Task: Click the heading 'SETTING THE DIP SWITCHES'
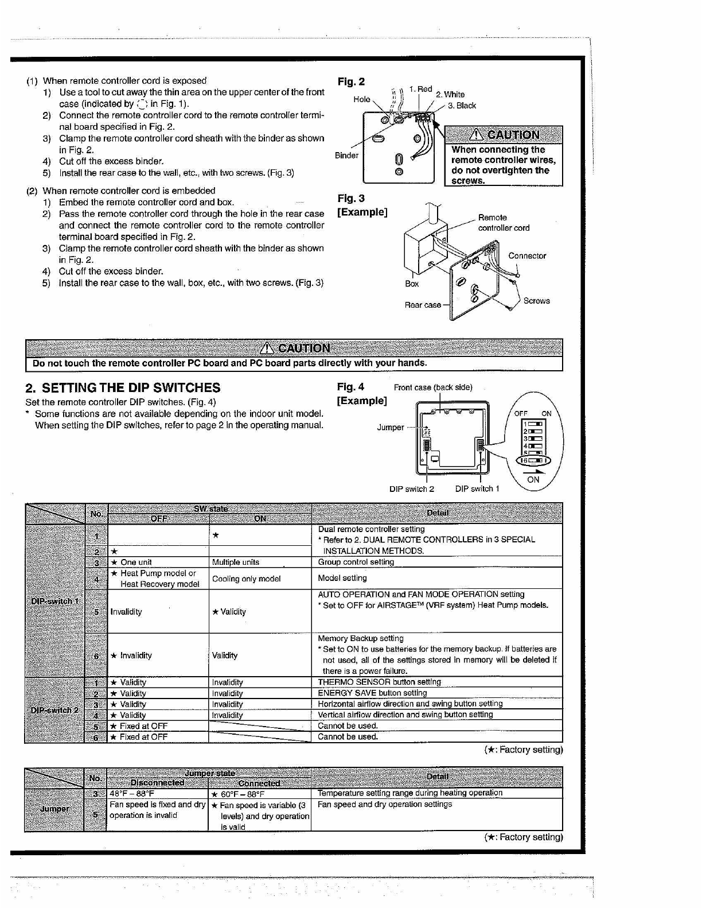pyautogui.click(x=123, y=387)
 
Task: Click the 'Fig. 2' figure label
pyautogui.click(x=351, y=82)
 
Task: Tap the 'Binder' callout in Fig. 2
pyautogui.click(x=346, y=156)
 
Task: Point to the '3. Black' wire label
pyautogui.click(x=462, y=106)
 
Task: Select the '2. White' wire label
pyautogui.click(x=450, y=94)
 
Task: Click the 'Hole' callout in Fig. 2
pyautogui.click(x=362, y=99)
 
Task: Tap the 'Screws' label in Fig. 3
pyautogui.click(x=536, y=301)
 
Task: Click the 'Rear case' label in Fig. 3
pyautogui.click(x=423, y=305)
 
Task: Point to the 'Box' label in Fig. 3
pyautogui.click(x=412, y=284)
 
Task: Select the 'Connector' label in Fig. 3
pyautogui.click(x=527, y=256)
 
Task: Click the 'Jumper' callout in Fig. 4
pyautogui.click(x=390, y=427)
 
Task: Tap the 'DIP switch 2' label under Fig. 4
pyautogui.click(x=411, y=489)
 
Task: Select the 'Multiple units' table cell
pyautogui.click(x=236, y=562)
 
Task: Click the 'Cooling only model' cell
pyautogui.click(x=247, y=579)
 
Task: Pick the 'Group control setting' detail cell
pyautogui.click(x=356, y=562)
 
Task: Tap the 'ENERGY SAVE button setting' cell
pyautogui.click(x=373, y=693)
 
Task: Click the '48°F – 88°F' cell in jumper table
pyautogui.click(x=132, y=794)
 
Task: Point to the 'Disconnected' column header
pyautogui.click(x=158, y=783)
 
